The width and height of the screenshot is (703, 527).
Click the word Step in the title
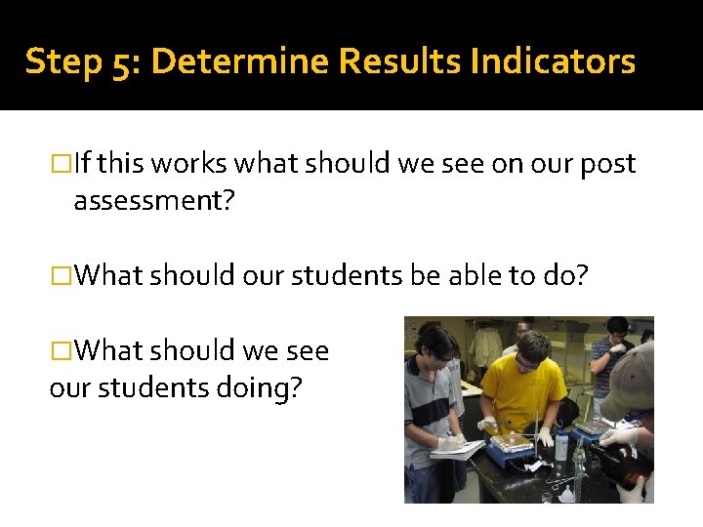click(55, 62)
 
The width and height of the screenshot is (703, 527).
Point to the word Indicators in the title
click(553, 61)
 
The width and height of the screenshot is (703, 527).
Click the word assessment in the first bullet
click(153, 201)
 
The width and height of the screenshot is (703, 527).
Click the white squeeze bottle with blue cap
click(560, 445)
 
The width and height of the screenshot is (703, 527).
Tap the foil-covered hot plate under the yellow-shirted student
click(510, 452)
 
